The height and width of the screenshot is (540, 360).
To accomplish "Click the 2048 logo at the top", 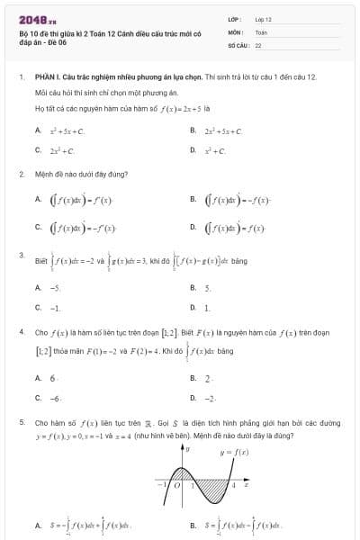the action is coord(38,17).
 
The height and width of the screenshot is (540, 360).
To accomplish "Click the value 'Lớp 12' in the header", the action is coord(264,18).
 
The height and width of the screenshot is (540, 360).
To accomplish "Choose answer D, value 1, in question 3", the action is coord(207,308).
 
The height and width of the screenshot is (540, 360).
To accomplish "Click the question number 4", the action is coord(21,331).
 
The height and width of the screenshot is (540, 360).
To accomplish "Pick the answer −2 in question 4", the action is coord(209,398).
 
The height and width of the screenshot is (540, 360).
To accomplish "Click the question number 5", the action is coord(21,420).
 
